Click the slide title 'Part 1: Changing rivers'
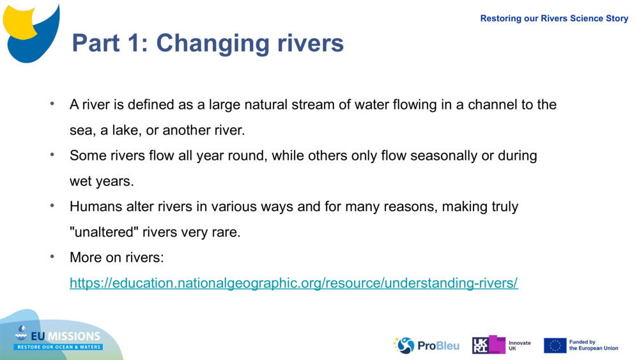point(208,43)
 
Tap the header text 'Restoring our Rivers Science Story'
point(554,19)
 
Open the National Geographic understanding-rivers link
point(293,283)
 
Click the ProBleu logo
point(426,345)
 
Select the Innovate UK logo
point(501,345)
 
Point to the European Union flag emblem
point(555,345)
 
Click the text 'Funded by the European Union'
point(593,345)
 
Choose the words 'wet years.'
point(102,182)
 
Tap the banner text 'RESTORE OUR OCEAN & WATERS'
point(59,347)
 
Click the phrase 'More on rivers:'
point(117,258)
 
